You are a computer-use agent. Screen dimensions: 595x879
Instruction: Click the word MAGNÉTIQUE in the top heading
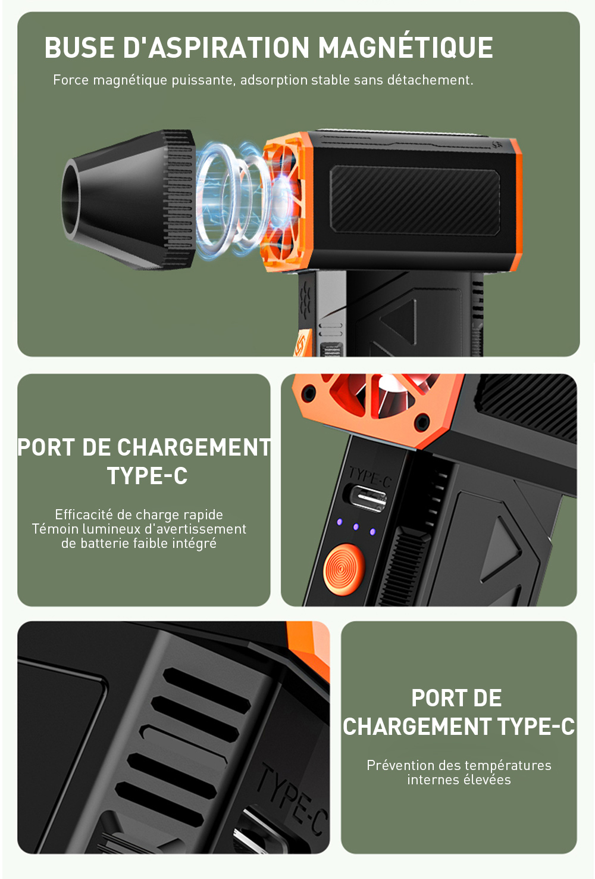click(x=405, y=48)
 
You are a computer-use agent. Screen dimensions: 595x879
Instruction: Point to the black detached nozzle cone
click(x=129, y=200)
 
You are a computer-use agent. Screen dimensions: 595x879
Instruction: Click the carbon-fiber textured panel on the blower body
click(x=415, y=200)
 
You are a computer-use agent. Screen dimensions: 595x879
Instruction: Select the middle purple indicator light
click(x=355, y=526)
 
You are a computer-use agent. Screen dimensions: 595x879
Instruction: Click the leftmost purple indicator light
click(x=339, y=522)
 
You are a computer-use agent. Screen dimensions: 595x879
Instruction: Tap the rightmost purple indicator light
click(x=372, y=532)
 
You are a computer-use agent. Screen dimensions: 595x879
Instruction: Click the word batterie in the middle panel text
click(x=105, y=543)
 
